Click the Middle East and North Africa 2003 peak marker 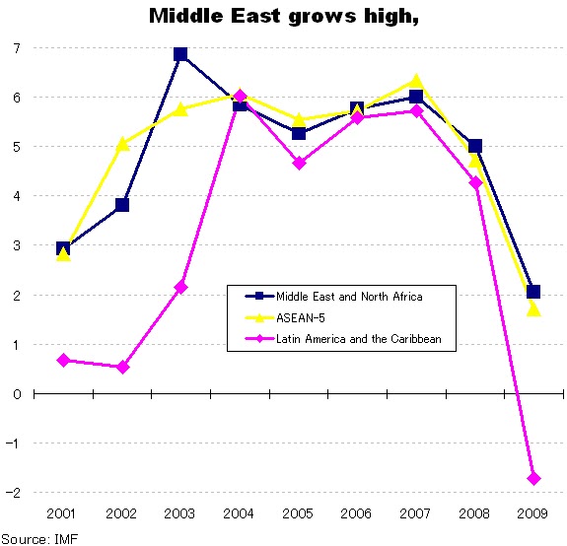coord(180,54)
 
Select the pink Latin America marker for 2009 coord(533,478)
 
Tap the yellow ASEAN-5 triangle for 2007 coord(416,81)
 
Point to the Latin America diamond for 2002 coord(122,367)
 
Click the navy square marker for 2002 coord(122,205)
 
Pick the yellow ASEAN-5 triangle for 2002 coord(122,144)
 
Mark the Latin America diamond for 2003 coord(180,287)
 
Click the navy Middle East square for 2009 coord(533,292)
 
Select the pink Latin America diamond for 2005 coord(299,163)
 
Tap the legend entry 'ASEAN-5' coord(296,317)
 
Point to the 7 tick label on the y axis coord(17,48)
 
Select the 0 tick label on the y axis coord(17,394)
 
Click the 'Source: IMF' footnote coord(39,537)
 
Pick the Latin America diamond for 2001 coord(63,360)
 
